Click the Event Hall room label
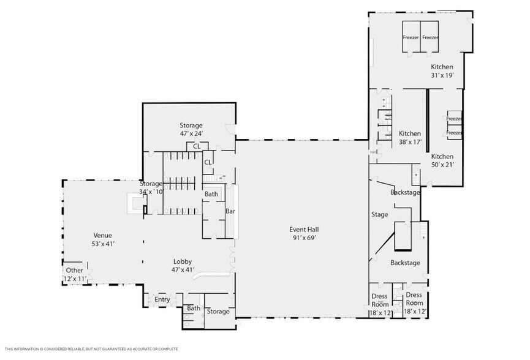(304, 230)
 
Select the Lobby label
(183, 261)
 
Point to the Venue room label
(103, 235)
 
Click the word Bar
(230, 211)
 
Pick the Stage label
(380, 215)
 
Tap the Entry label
(162, 299)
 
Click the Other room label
(74, 271)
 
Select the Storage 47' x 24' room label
(191, 126)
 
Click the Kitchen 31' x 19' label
(442, 67)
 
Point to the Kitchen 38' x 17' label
(410, 133)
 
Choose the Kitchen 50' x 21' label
(442, 157)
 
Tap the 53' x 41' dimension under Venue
(103, 244)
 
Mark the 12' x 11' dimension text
(74, 279)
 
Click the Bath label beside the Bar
(211, 194)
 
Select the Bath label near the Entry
(194, 309)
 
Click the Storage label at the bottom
(218, 312)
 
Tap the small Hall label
(373, 152)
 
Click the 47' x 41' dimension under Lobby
(183, 269)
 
